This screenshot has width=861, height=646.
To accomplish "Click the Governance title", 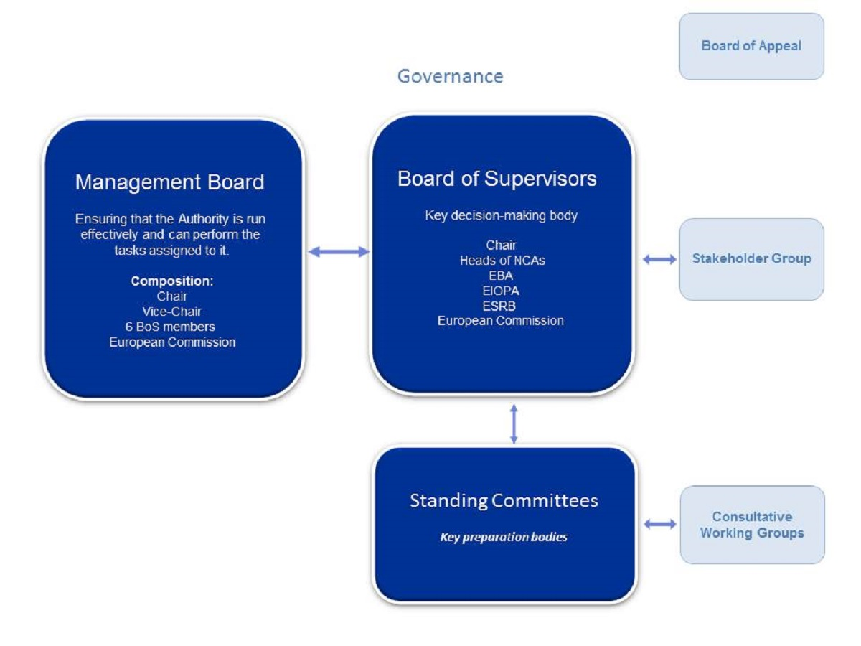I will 450,76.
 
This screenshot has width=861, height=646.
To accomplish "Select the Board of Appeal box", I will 751,46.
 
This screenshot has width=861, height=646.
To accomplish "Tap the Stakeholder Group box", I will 751,258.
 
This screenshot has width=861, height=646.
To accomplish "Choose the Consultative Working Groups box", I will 752,525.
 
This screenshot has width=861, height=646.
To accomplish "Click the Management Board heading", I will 170,182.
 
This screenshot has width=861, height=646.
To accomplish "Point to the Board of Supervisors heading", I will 497,179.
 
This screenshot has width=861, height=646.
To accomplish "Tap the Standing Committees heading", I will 504,500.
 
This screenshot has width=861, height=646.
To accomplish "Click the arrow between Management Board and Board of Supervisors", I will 338,251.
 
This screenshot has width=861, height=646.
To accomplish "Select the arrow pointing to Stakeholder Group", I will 659,259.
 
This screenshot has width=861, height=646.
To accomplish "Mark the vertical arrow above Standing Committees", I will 514,423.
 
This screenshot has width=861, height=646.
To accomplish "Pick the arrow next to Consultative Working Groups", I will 660,525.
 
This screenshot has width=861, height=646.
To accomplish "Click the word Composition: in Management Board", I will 172,281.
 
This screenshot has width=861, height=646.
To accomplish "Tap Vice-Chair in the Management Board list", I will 172,312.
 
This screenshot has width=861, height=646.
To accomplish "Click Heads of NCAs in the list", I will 502,261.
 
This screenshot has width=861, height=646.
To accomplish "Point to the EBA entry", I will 501,276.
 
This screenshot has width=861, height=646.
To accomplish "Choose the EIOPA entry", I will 501,291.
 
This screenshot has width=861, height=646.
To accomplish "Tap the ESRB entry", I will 501,306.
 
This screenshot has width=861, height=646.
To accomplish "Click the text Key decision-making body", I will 501,215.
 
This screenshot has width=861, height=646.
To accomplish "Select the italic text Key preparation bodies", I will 504,537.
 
